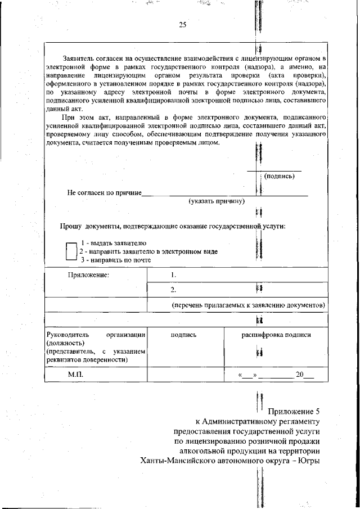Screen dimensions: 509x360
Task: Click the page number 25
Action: click(182, 24)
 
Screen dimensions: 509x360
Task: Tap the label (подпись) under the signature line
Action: click(279, 176)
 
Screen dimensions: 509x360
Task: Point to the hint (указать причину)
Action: click(217, 201)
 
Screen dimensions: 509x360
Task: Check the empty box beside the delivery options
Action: click(71, 251)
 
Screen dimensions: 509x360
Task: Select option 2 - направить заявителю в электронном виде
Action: click(148, 251)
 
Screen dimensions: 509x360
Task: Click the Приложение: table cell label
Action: click(89, 275)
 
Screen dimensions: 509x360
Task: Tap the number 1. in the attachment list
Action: click(174, 275)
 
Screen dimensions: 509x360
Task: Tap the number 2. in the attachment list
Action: click(174, 290)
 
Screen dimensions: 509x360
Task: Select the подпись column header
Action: click(183, 335)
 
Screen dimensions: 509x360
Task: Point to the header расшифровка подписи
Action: click(276, 335)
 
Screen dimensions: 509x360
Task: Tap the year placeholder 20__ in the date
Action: click(304, 375)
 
